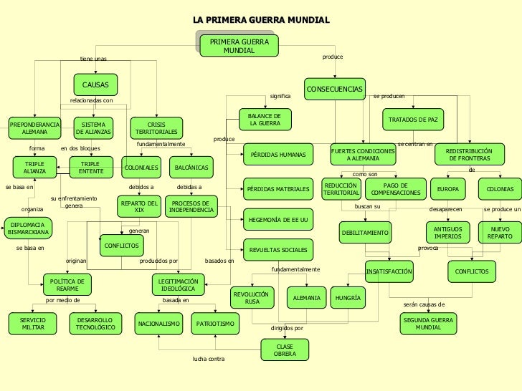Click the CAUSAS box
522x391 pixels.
click(x=95, y=85)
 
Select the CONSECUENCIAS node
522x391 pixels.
click(x=335, y=90)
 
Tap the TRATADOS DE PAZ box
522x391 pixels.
click(x=412, y=119)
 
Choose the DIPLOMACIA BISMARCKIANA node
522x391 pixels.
click(x=29, y=228)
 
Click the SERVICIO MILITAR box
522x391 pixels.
click(x=33, y=323)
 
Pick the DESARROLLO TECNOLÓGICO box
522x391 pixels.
click(x=95, y=323)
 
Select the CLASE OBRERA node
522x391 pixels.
click(x=285, y=350)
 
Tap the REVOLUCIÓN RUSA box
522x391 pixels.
click(x=252, y=297)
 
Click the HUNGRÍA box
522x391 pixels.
click(x=347, y=297)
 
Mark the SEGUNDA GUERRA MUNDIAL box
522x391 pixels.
click(x=428, y=323)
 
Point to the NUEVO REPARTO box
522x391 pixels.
click(x=499, y=232)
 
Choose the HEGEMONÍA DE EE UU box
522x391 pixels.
click(x=277, y=219)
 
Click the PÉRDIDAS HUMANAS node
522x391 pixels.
click(x=277, y=155)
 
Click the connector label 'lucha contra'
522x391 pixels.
click(x=209, y=358)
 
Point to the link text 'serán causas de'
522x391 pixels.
click(x=424, y=304)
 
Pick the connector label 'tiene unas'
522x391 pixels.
click(x=93, y=59)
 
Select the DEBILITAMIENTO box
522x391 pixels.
click(x=365, y=233)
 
